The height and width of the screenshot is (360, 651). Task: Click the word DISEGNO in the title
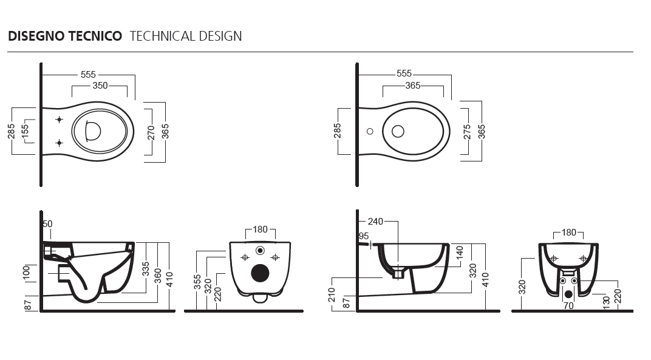(x=35, y=36)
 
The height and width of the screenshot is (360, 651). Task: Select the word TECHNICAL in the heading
(x=163, y=36)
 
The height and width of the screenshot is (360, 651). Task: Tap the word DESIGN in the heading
(x=220, y=36)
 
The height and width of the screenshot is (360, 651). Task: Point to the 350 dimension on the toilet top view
(x=100, y=86)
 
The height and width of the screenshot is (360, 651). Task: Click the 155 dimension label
(x=25, y=131)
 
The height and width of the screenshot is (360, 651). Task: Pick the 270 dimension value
(x=151, y=132)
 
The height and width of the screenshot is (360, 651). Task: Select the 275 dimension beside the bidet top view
(x=467, y=132)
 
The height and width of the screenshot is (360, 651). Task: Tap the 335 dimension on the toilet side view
(x=145, y=269)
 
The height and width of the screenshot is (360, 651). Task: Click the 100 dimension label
(x=26, y=273)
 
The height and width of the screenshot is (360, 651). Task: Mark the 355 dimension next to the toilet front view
(x=197, y=282)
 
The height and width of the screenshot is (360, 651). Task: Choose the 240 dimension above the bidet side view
(x=375, y=222)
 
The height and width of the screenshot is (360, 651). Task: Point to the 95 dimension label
(x=364, y=236)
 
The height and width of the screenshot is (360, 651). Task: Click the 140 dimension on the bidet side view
(x=460, y=253)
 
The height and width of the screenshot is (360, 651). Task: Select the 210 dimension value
(x=332, y=294)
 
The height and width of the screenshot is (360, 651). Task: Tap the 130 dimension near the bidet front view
(x=607, y=302)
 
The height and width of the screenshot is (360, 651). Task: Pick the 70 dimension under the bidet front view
(x=568, y=306)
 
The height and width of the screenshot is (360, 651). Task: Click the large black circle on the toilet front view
(x=261, y=273)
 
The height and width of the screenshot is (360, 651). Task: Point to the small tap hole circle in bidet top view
(x=370, y=131)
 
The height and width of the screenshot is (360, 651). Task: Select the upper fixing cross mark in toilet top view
(x=60, y=120)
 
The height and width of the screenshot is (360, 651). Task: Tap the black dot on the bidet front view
(x=568, y=294)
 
